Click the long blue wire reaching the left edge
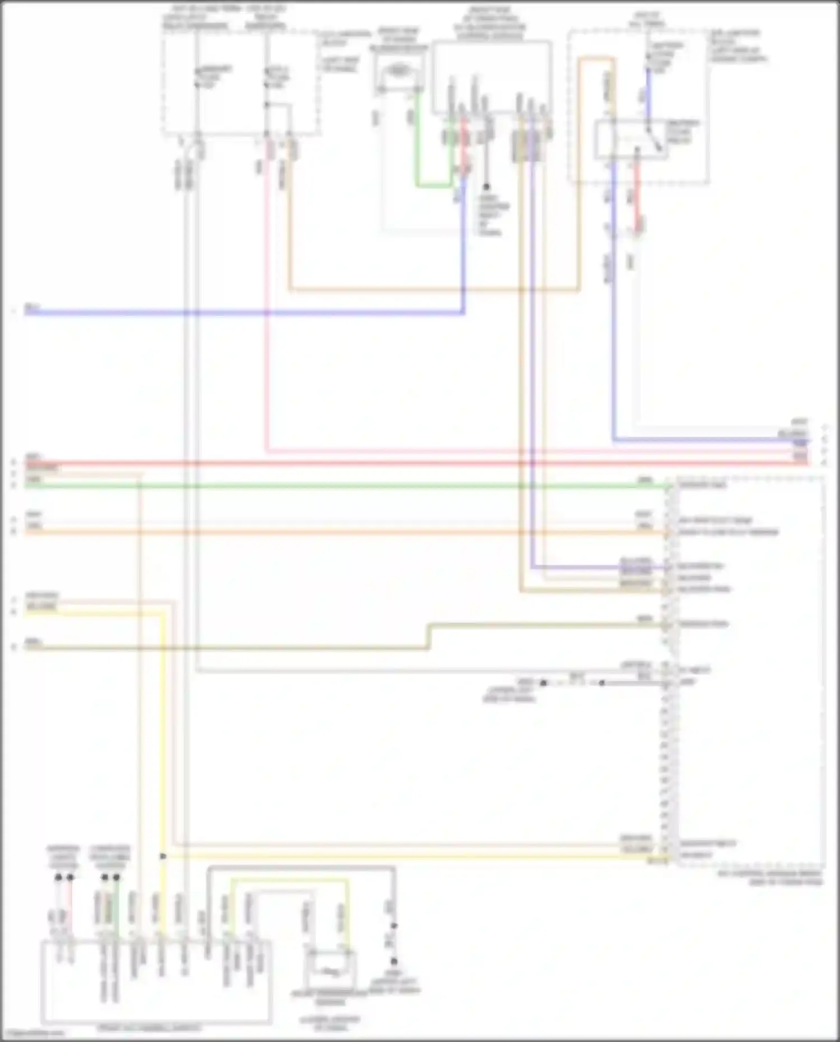(224, 312)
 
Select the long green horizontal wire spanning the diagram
(336, 485)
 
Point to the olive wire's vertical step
(428, 636)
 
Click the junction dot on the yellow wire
(163, 857)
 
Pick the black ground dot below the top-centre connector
(486, 186)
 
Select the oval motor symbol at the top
(398, 71)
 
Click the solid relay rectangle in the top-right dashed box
(631, 139)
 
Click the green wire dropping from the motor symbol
(417, 140)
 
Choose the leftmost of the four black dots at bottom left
(58, 877)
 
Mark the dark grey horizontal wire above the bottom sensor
(302, 868)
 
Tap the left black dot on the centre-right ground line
(543, 683)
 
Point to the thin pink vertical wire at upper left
(267, 308)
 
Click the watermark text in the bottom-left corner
(31, 1034)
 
